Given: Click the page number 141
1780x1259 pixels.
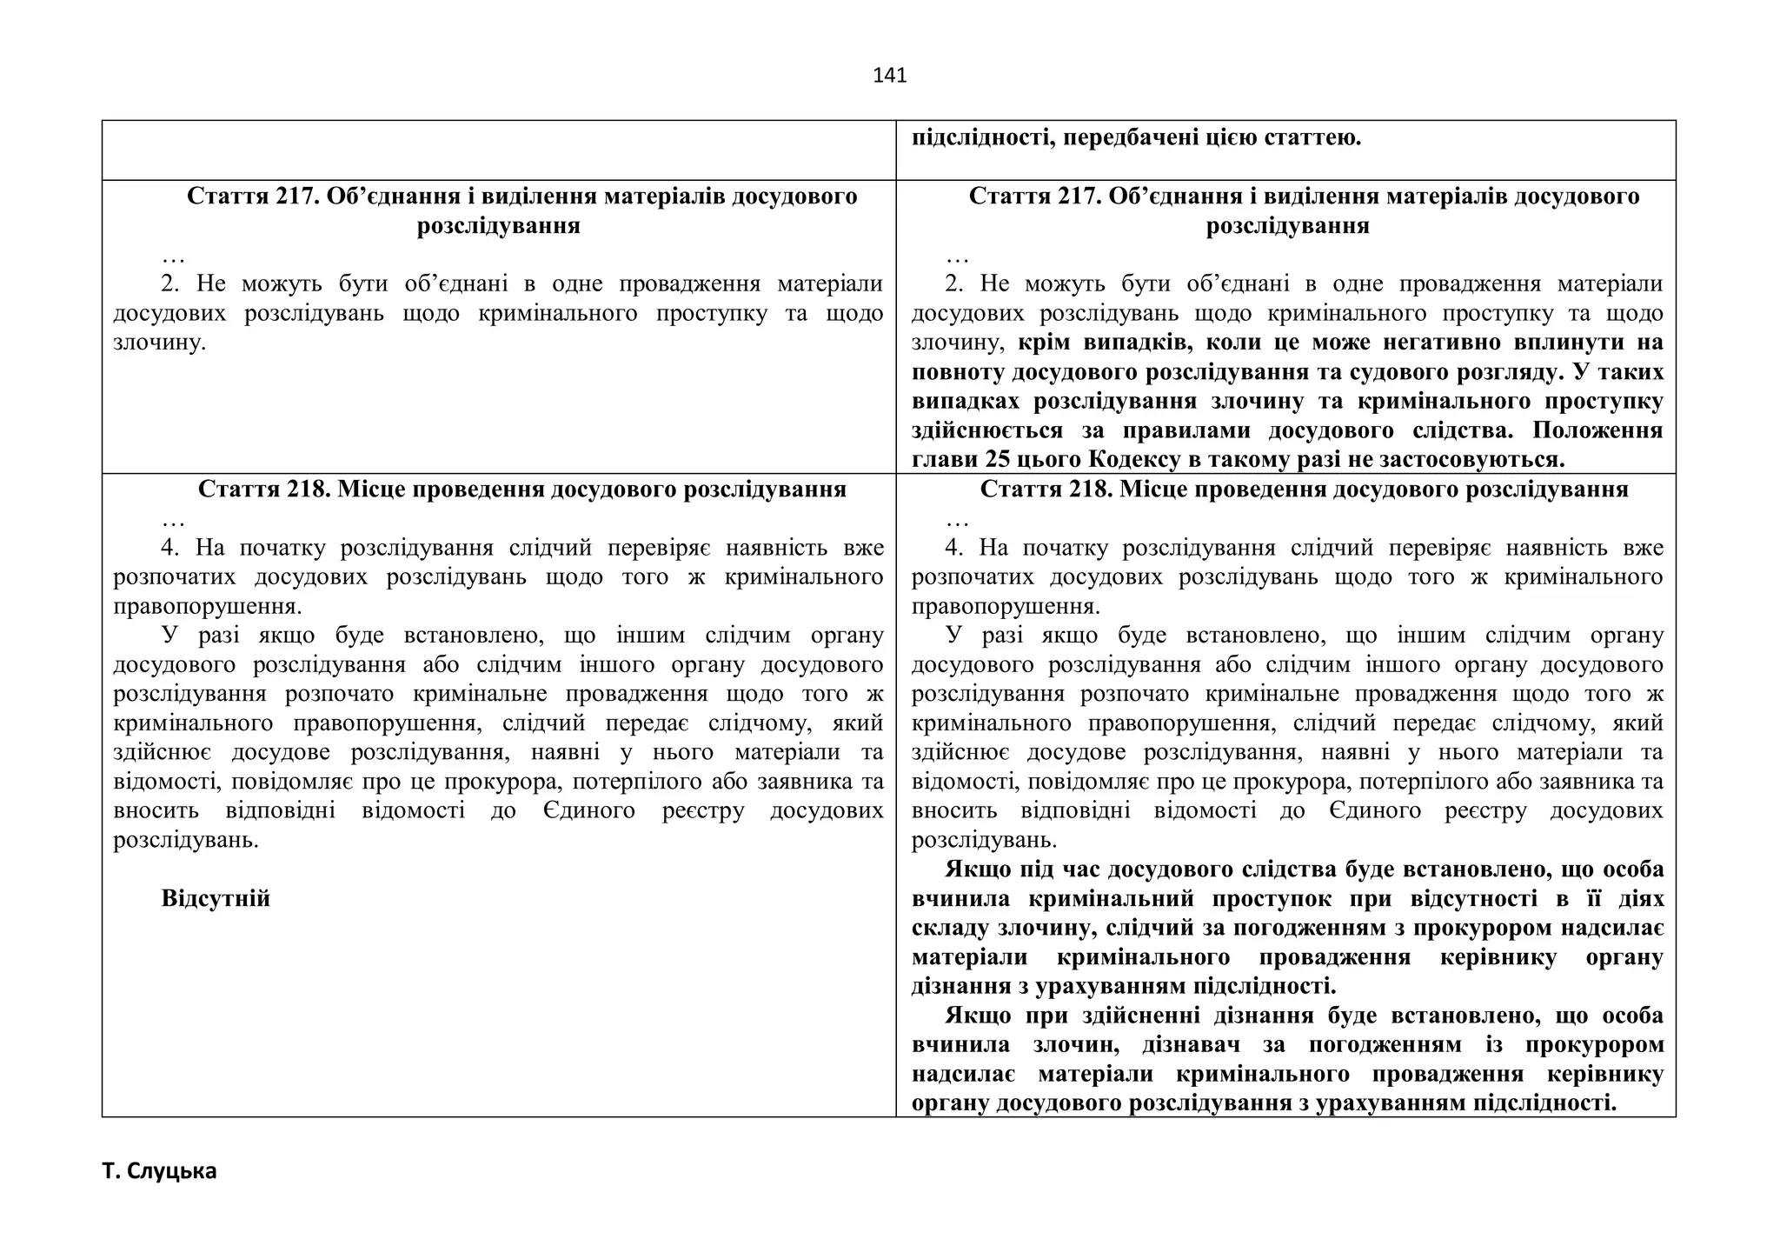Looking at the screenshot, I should click(889, 76).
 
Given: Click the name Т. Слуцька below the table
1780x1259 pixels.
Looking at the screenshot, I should click(159, 1171).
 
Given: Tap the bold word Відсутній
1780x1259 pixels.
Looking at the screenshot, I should click(216, 898).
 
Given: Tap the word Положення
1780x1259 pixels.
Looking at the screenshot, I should click(1597, 430).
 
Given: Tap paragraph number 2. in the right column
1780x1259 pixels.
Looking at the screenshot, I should click(953, 284).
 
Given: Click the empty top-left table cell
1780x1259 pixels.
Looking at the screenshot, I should click(498, 150).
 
